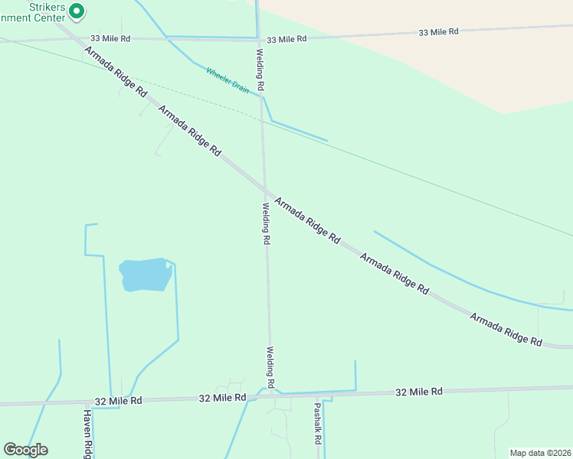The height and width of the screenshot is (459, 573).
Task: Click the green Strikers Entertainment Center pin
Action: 76,11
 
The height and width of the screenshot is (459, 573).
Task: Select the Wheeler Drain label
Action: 227,80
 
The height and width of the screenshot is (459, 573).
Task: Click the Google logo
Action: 25,450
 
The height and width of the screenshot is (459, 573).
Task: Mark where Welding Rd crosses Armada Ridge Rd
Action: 264,189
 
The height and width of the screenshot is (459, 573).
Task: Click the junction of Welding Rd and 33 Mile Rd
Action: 257,38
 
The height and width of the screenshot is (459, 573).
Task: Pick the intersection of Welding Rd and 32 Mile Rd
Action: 270,396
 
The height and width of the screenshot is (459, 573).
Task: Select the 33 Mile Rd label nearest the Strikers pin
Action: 110,37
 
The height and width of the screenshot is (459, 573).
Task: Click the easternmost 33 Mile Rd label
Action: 438,32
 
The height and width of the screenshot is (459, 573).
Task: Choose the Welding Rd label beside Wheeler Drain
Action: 261,71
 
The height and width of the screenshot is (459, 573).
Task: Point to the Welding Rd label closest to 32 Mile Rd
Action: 270,366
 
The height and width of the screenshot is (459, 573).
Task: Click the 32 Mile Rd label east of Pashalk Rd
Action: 419,392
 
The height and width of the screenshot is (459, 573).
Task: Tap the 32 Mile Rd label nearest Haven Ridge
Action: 118,400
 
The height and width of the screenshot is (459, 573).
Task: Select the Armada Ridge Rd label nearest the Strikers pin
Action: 115,70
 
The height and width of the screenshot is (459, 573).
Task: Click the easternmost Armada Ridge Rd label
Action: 506,329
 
